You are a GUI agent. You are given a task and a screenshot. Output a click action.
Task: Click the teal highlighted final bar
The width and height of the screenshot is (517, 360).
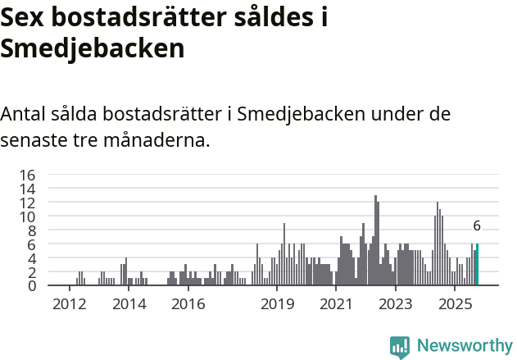click(x=477, y=265)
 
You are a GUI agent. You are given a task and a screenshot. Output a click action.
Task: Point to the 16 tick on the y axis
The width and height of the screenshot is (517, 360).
click(x=27, y=175)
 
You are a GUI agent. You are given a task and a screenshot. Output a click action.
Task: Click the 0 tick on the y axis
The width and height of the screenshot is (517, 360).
click(x=31, y=286)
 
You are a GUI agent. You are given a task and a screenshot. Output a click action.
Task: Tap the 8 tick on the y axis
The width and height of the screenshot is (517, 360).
click(x=31, y=230)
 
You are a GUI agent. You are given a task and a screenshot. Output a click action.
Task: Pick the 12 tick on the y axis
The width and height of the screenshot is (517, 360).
click(x=27, y=203)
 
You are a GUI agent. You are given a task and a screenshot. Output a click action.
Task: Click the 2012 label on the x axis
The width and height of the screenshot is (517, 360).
click(x=70, y=304)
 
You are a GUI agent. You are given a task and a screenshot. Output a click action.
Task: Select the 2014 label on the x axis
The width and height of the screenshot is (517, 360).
click(x=129, y=304)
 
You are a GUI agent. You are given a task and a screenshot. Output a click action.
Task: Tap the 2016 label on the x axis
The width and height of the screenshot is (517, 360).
click(x=188, y=304)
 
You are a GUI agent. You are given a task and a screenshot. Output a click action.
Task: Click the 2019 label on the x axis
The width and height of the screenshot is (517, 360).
click(x=277, y=304)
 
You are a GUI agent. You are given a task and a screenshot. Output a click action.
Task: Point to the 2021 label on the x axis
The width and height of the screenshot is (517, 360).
click(x=336, y=304)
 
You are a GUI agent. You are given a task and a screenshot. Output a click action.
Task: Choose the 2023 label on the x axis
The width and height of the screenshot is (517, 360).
click(x=395, y=304)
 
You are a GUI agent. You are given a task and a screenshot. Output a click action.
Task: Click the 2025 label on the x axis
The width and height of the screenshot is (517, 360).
click(x=454, y=304)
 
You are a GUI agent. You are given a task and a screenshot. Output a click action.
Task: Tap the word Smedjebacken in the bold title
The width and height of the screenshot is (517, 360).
click(x=93, y=48)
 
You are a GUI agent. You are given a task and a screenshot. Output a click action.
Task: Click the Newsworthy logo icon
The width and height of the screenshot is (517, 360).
click(x=400, y=347)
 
